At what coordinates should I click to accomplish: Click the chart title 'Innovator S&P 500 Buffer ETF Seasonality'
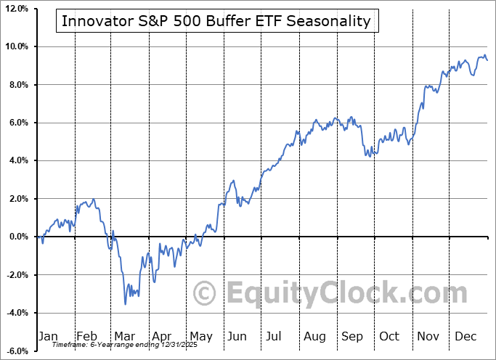point(216,21)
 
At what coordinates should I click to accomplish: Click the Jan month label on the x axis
point(48,336)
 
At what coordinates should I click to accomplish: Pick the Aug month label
point(314,336)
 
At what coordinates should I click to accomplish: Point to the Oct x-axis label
point(389,336)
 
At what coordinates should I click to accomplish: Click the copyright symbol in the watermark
point(205,294)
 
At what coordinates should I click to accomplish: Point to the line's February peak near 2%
point(92,200)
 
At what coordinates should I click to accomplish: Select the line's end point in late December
point(487,60)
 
